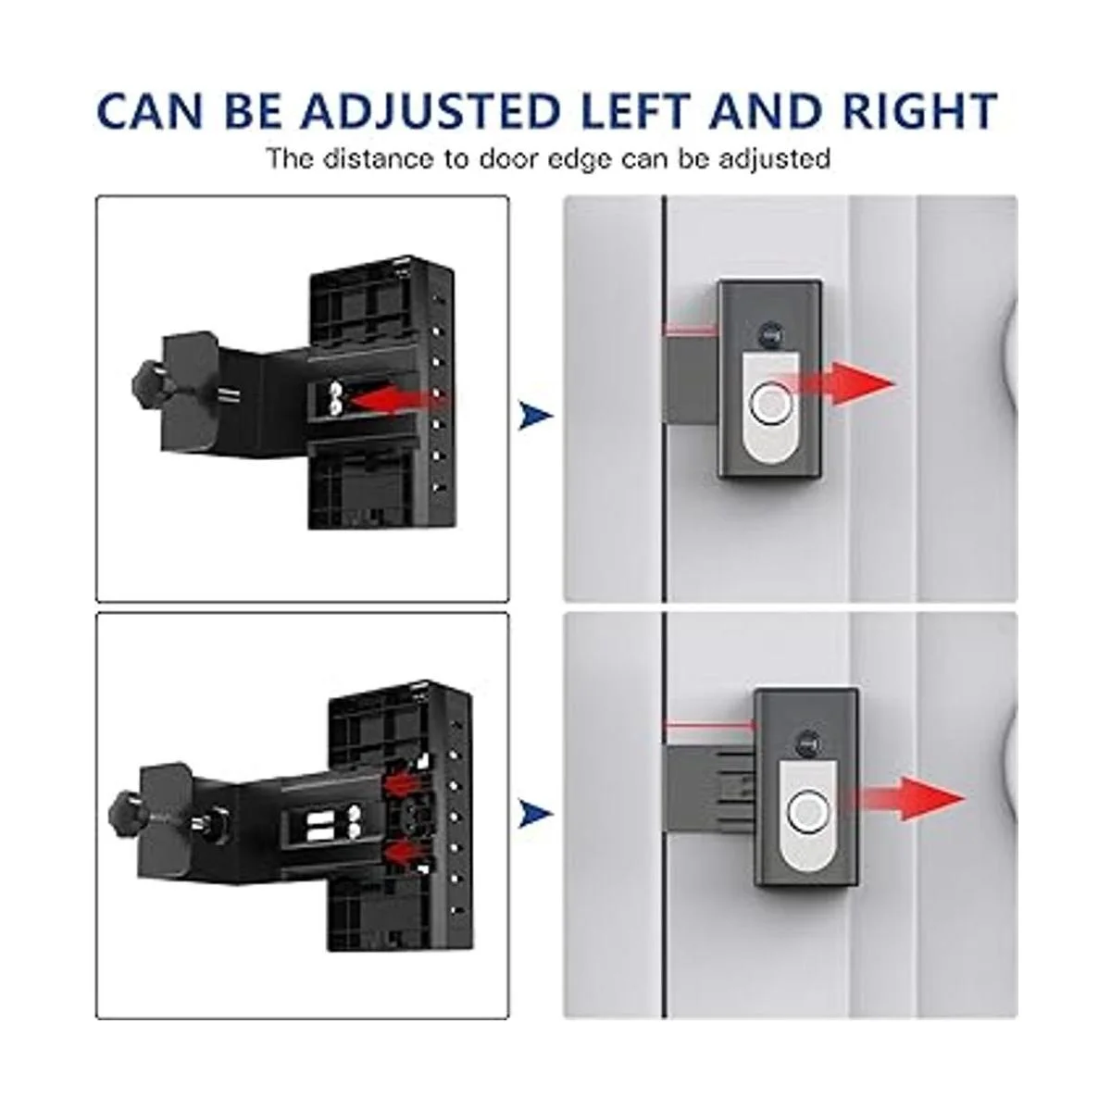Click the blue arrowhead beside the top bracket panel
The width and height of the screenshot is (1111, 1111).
tap(536, 416)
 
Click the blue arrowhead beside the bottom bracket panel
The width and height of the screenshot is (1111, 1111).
tap(536, 814)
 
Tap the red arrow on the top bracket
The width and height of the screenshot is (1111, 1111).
tap(399, 400)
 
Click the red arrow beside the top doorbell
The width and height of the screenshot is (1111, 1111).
tap(843, 384)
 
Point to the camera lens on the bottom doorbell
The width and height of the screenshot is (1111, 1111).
tap(806, 744)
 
